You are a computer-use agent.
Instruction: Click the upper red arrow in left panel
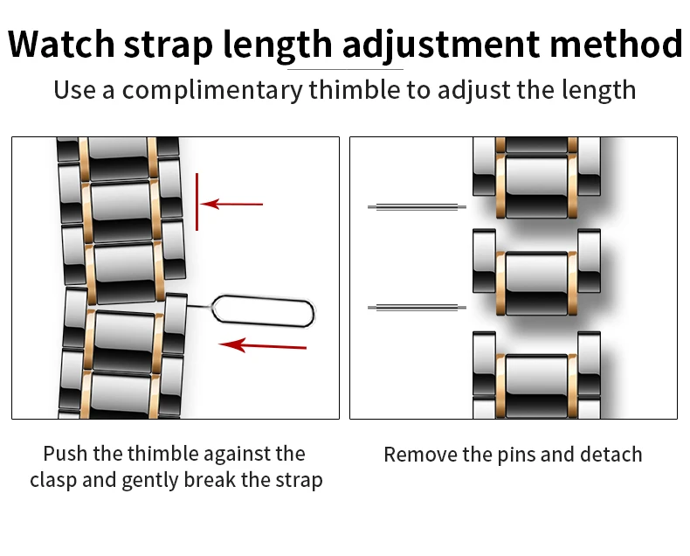click(233, 204)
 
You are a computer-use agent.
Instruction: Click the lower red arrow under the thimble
click(263, 344)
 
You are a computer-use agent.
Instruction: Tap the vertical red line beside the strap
click(197, 201)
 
